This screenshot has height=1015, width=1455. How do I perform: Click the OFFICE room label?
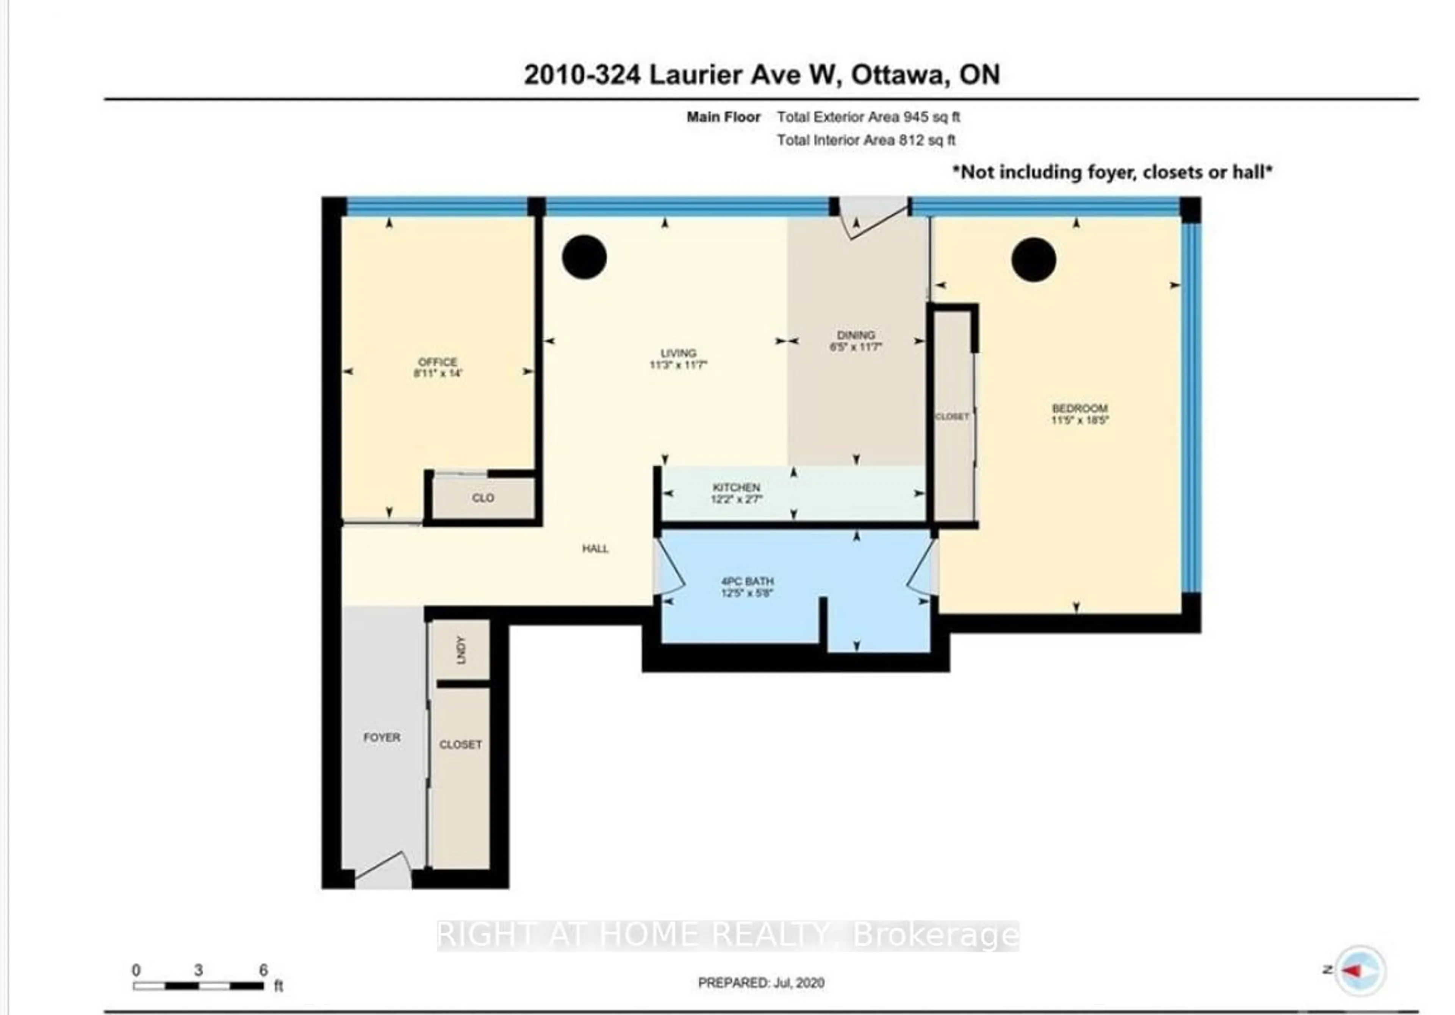[x=437, y=362]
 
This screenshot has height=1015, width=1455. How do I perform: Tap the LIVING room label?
[x=678, y=353]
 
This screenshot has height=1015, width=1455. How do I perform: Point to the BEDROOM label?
[x=1079, y=408]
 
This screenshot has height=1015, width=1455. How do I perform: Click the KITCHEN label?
[x=736, y=487]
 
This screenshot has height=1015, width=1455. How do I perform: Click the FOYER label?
[x=382, y=737]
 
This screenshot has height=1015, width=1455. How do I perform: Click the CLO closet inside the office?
[x=483, y=498]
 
